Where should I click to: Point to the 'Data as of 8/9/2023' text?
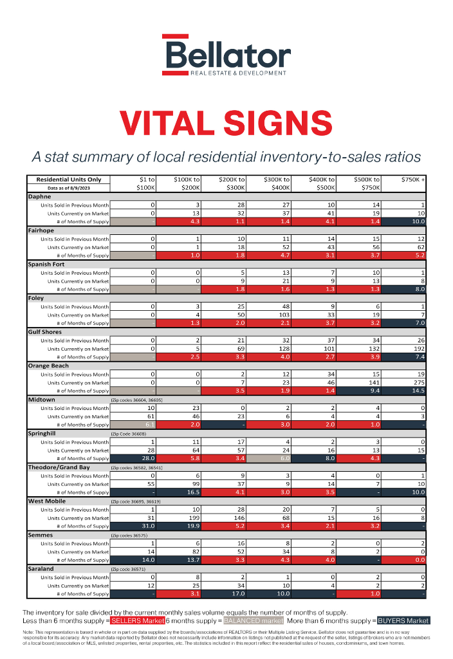[x=68, y=188]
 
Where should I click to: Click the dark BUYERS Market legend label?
[x=403, y=620]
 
